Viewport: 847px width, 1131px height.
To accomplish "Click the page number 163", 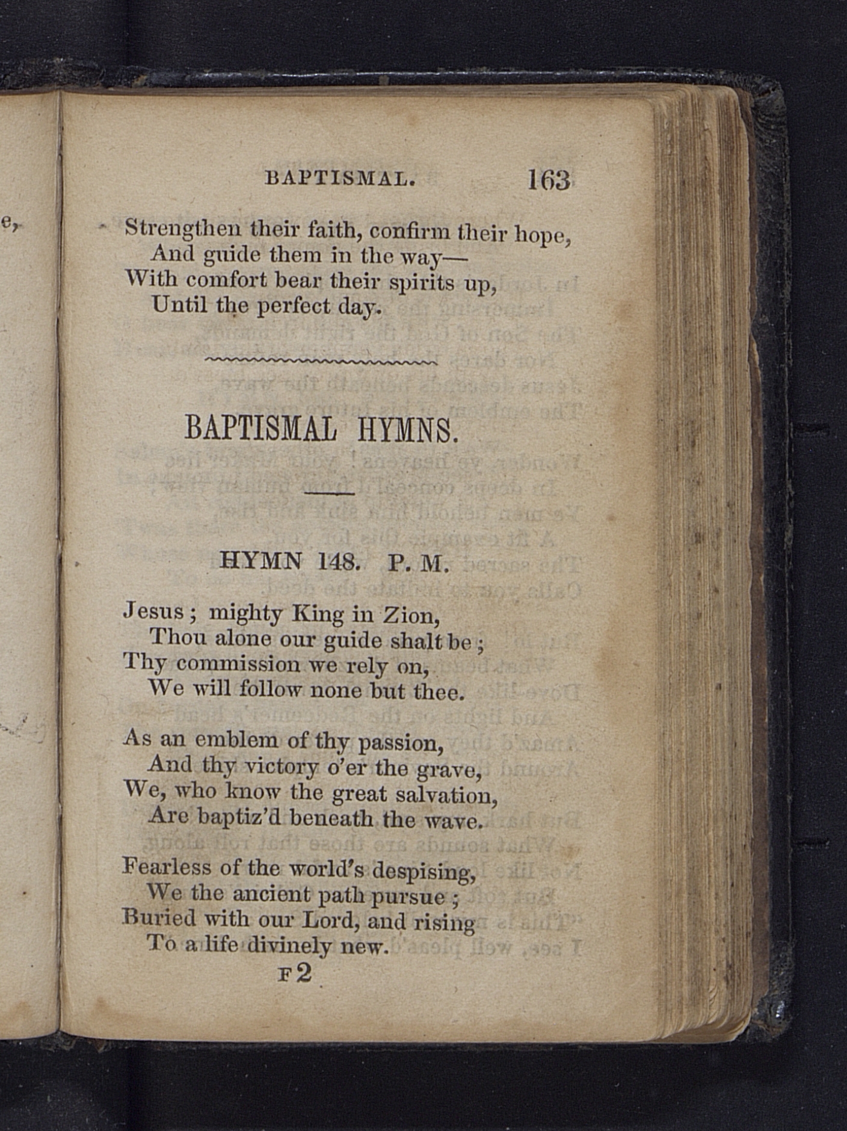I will coord(549,179).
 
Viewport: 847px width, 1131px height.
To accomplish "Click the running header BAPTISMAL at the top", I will coord(340,179).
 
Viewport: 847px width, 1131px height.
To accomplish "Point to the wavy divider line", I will coord(321,361).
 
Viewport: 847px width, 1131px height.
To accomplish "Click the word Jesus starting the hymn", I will coord(153,612).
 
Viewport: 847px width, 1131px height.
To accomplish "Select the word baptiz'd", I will coord(241,818).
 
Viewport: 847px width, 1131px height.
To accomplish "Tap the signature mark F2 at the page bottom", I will coord(295,973).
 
